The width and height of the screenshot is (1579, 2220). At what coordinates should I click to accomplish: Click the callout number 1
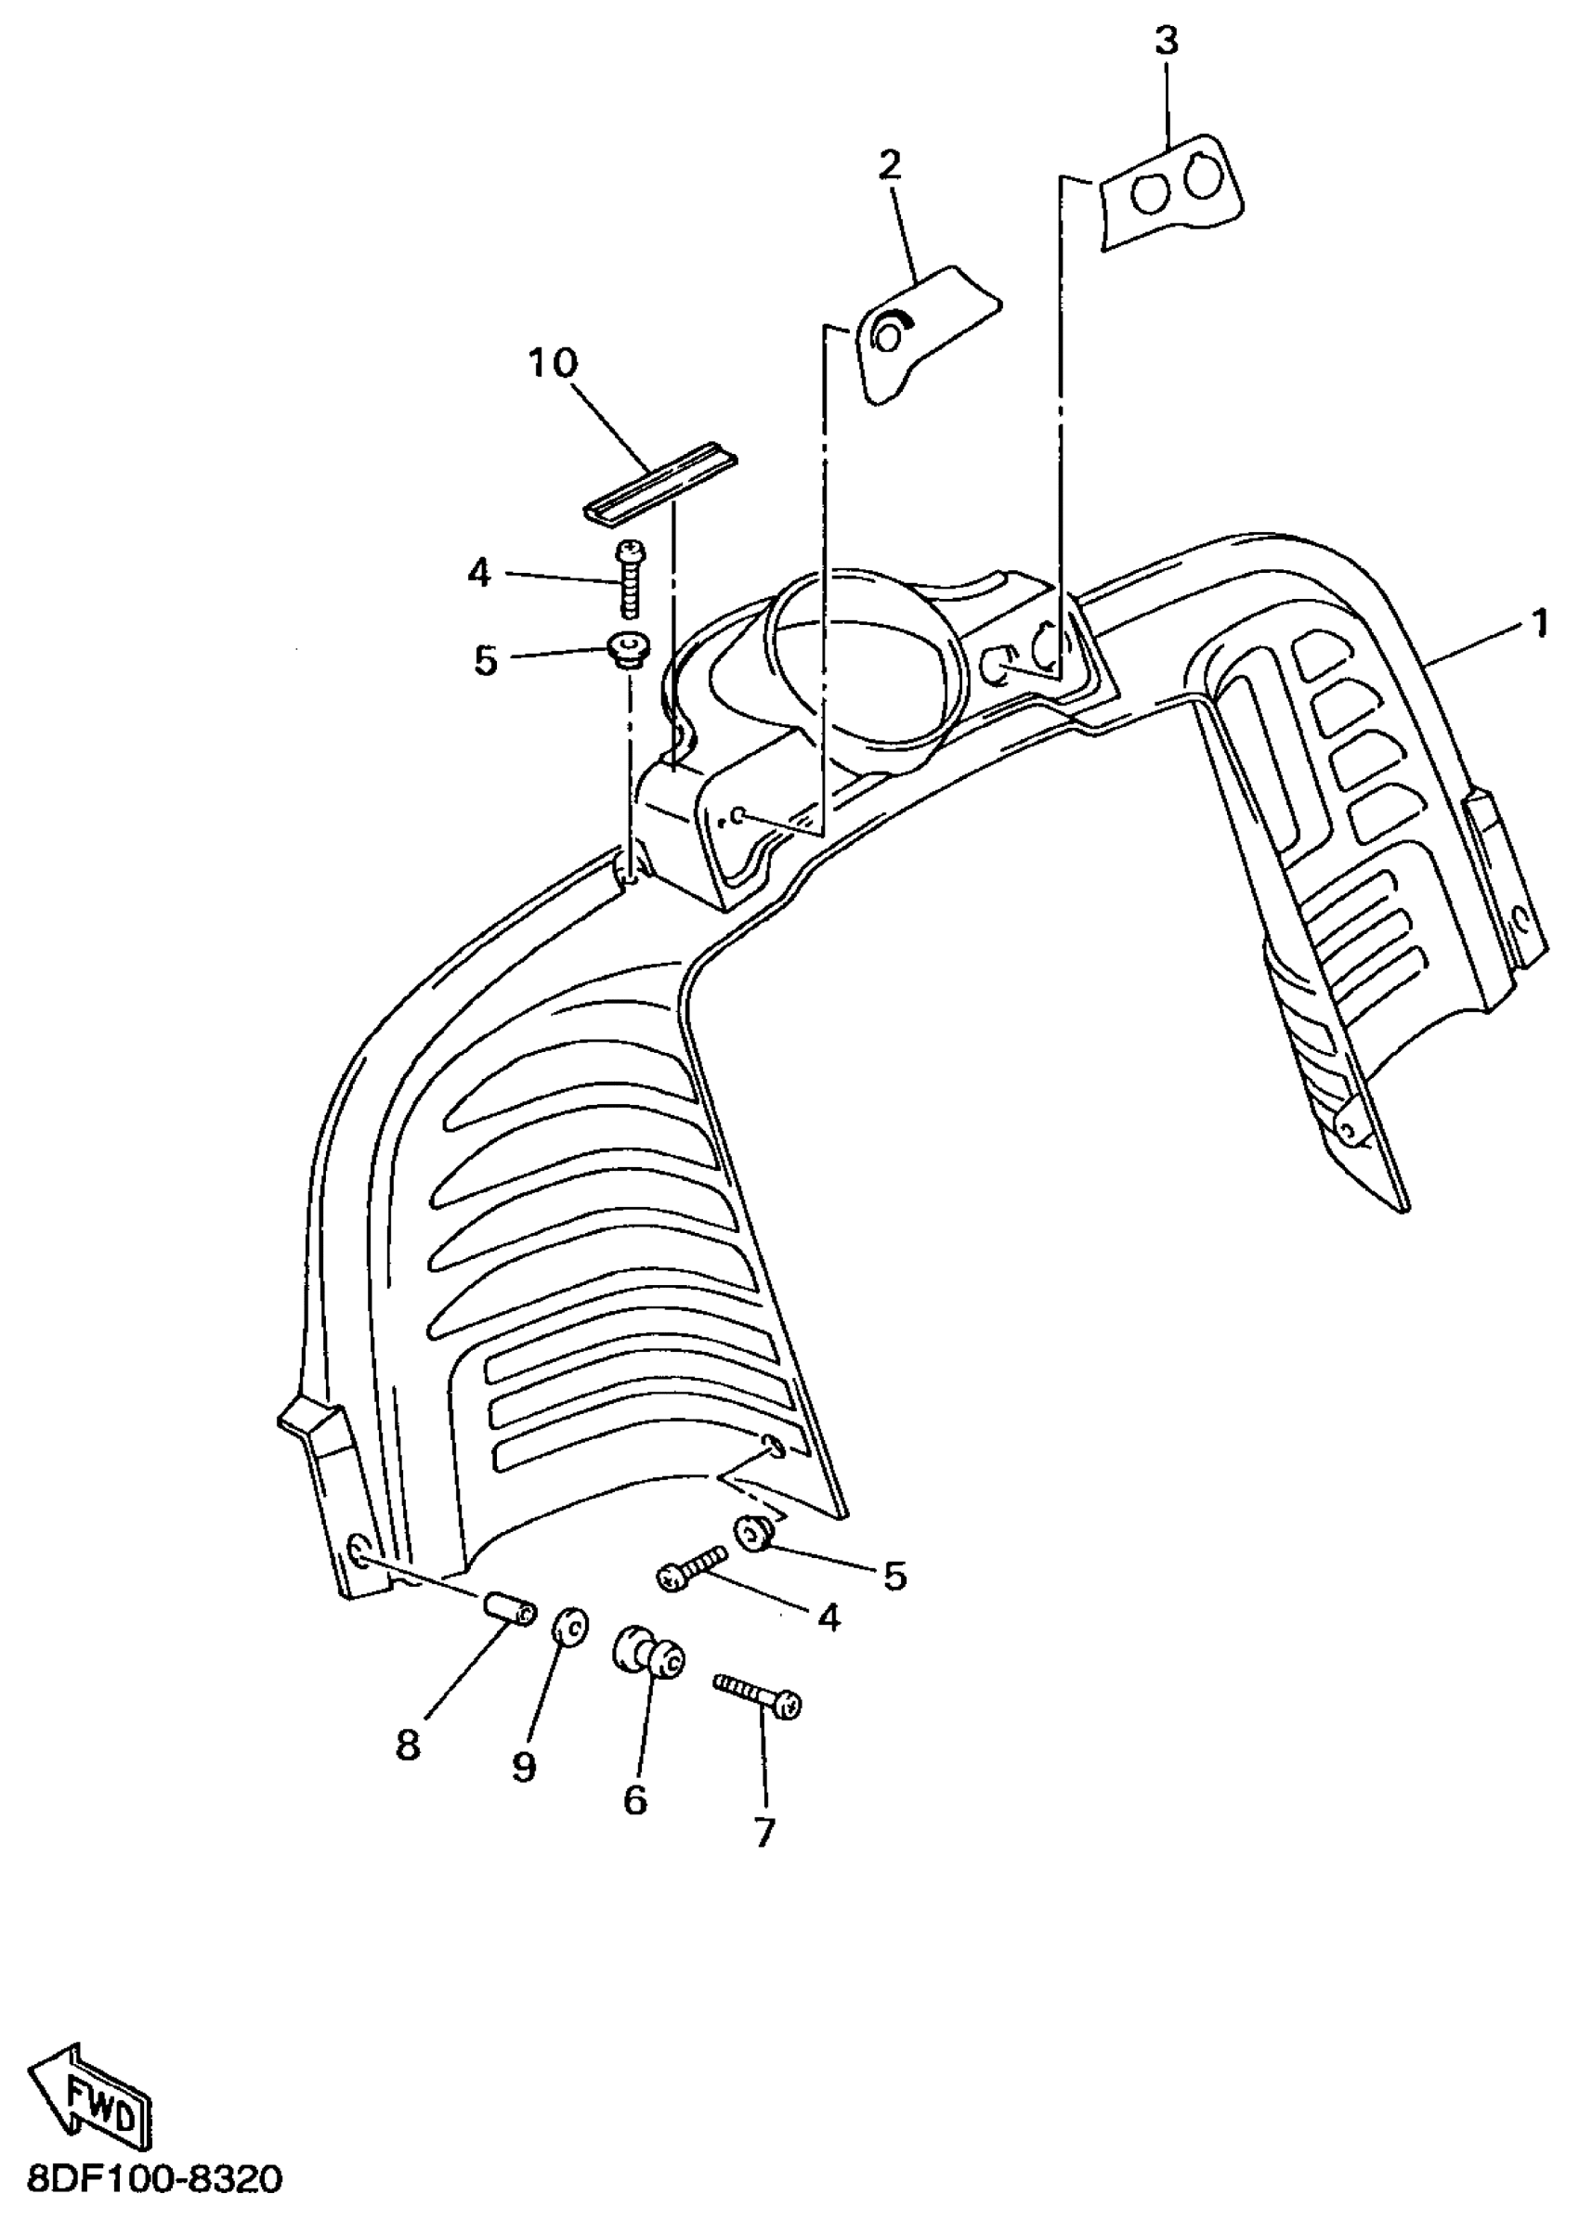coord(1539,623)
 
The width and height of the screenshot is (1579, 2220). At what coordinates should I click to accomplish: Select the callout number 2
coord(889,165)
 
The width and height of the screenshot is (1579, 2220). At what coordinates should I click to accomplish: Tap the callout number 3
coord(1166,41)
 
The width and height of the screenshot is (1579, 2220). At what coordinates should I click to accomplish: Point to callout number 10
coord(553,364)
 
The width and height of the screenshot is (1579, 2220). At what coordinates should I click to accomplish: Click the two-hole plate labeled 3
coord(1171,191)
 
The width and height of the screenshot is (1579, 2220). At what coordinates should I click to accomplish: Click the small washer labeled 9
coord(568,1625)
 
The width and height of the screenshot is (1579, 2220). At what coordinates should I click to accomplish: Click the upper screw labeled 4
coord(627,580)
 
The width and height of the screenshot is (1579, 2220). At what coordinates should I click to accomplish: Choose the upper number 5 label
coord(485,661)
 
